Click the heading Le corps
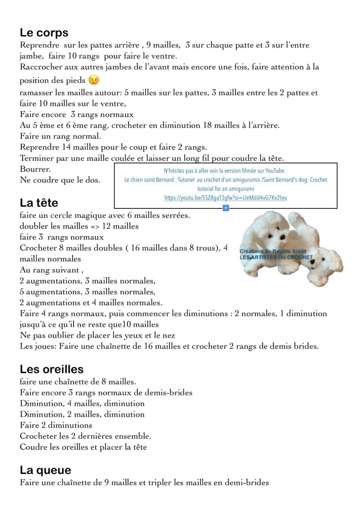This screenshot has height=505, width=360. coord(44,33)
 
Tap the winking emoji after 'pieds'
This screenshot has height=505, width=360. coord(93,79)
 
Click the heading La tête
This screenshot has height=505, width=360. coord(39,203)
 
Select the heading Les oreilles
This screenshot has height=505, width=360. coord(51,369)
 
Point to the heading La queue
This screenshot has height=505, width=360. coord(45,470)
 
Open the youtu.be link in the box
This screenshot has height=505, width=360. coord(226,197)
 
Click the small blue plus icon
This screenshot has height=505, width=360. coord(226,208)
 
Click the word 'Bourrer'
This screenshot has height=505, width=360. coord(35,169)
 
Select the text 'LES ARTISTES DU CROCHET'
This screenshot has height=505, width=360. coord(276,258)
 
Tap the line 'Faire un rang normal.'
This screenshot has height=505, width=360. coord(60,136)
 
